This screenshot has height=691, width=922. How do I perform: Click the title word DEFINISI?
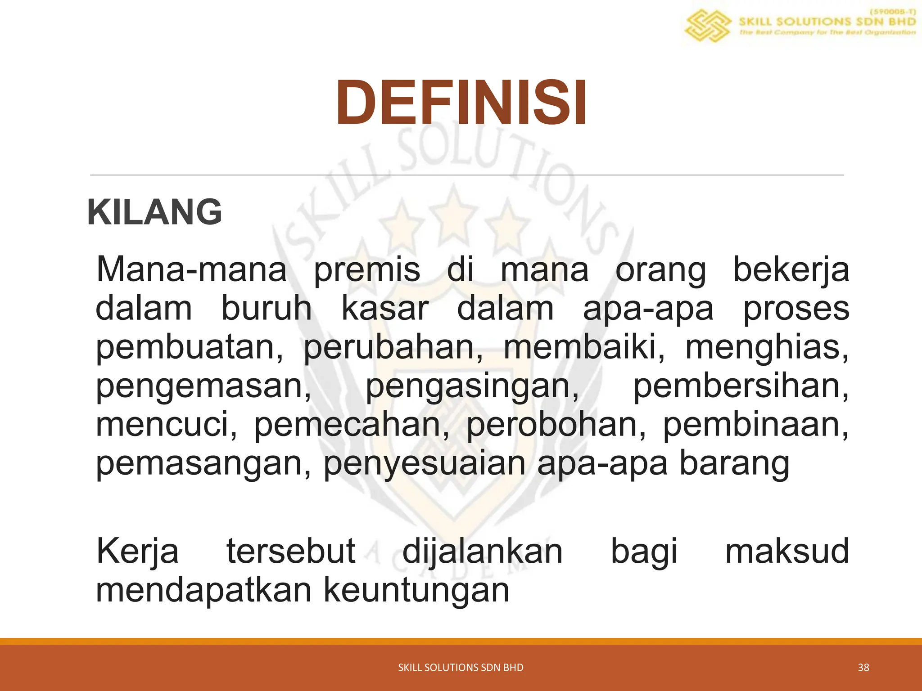click(461, 103)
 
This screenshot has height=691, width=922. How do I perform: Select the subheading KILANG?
click(154, 212)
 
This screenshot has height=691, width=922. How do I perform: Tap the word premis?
click(367, 270)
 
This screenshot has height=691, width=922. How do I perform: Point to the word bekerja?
click(791, 270)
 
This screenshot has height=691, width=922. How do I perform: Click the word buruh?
click(266, 309)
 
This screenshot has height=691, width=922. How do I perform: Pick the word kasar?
click(385, 309)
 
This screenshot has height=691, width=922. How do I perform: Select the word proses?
click(796, 309)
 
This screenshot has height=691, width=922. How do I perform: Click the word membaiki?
click(583, 347)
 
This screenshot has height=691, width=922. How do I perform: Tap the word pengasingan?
click(472, 386)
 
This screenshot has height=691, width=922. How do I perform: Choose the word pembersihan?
click(741, 386)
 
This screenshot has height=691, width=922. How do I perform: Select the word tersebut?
click(291, 551)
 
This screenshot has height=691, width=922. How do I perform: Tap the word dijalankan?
click(482, 551)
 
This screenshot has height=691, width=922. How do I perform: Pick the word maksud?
click(787, 551)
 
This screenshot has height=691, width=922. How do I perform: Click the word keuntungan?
click(416, 590)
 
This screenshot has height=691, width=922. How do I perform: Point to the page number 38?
click(863, 668)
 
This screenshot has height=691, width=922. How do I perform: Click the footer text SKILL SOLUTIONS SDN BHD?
click(461, 668)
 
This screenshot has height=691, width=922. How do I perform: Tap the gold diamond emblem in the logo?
click(707, 26)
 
